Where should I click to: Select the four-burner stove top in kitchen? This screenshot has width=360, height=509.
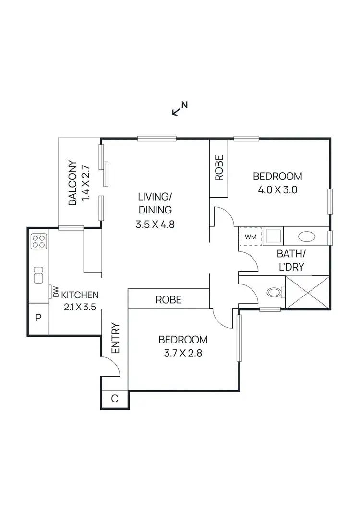click(x=38, y=241)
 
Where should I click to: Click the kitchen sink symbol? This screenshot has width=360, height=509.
click(x=38, y=275)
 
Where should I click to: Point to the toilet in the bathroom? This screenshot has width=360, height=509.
click(x=275, y=292)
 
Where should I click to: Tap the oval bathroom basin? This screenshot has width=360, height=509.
click(x=306, y=237)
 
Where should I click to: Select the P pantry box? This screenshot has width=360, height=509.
click(x=38, y=319)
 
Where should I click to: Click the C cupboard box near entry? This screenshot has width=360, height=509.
click(x=115, y=399)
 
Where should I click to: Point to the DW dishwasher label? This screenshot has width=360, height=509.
click(x=56, y=291)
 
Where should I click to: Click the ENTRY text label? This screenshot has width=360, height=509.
click(x=115, y=339)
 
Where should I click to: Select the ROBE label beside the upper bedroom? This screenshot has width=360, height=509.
click(x=219, y=168)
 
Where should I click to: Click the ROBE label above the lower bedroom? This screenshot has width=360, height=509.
click(x=168, y=300)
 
